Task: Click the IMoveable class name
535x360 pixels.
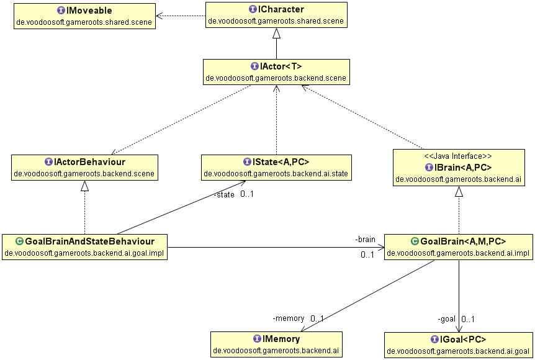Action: tap(89, 11)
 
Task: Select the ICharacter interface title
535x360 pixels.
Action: tap(281, 9)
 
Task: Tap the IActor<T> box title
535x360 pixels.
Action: tap(281, 66)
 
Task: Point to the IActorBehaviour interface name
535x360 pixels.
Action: tap(89, 162)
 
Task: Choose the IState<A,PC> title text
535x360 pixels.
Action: tap(281, 162)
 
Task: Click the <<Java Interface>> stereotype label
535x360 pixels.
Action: tap(458, 156)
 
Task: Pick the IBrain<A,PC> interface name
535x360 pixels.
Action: tap(462, 168)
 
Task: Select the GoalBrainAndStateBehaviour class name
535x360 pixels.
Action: tap(90, 241)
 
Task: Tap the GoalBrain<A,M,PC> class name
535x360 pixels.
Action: tap(463, 241)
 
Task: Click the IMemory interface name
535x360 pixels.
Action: tap(281, 339)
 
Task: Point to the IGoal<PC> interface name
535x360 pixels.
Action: tap(463, 340)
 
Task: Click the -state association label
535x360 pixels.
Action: tap(224, 195)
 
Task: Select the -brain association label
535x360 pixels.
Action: tap(365, 240)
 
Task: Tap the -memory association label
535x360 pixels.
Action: tap(289, 318)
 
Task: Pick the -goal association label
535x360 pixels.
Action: tap(447, 319)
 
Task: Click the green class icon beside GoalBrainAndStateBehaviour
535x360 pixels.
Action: tap(19, 241)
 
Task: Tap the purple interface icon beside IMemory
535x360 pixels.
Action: tap(258, 339)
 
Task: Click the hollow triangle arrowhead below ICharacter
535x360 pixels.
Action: tap(276, 33)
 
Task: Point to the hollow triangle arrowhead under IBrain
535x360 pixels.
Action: tap(459, 191)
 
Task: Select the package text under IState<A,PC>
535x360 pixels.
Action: tap(276, 174)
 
